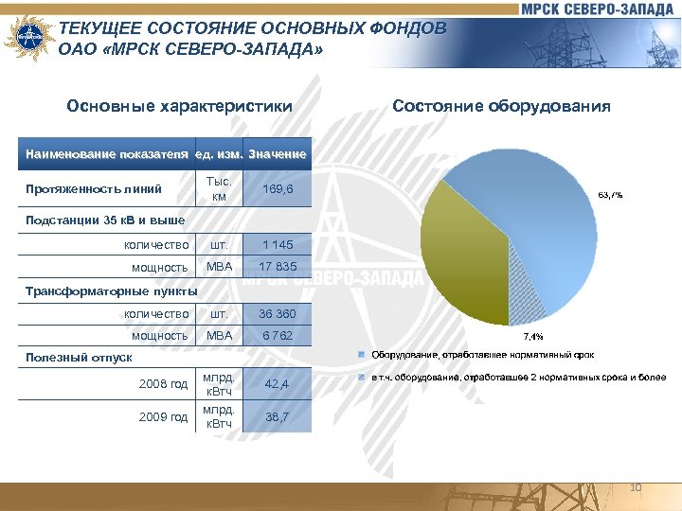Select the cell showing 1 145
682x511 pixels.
278,244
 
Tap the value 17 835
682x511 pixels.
278,267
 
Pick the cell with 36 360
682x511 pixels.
278,313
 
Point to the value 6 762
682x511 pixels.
278,335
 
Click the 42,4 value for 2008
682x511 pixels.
278,383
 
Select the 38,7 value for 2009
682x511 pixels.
278,416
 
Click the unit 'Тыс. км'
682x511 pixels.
219,189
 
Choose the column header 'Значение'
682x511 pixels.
278,153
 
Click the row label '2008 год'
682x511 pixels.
163,383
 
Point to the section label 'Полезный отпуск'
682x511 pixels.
80,358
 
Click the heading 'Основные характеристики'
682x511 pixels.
180,106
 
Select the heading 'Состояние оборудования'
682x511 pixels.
501,106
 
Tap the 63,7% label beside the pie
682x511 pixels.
609,195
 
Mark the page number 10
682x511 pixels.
636,487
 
